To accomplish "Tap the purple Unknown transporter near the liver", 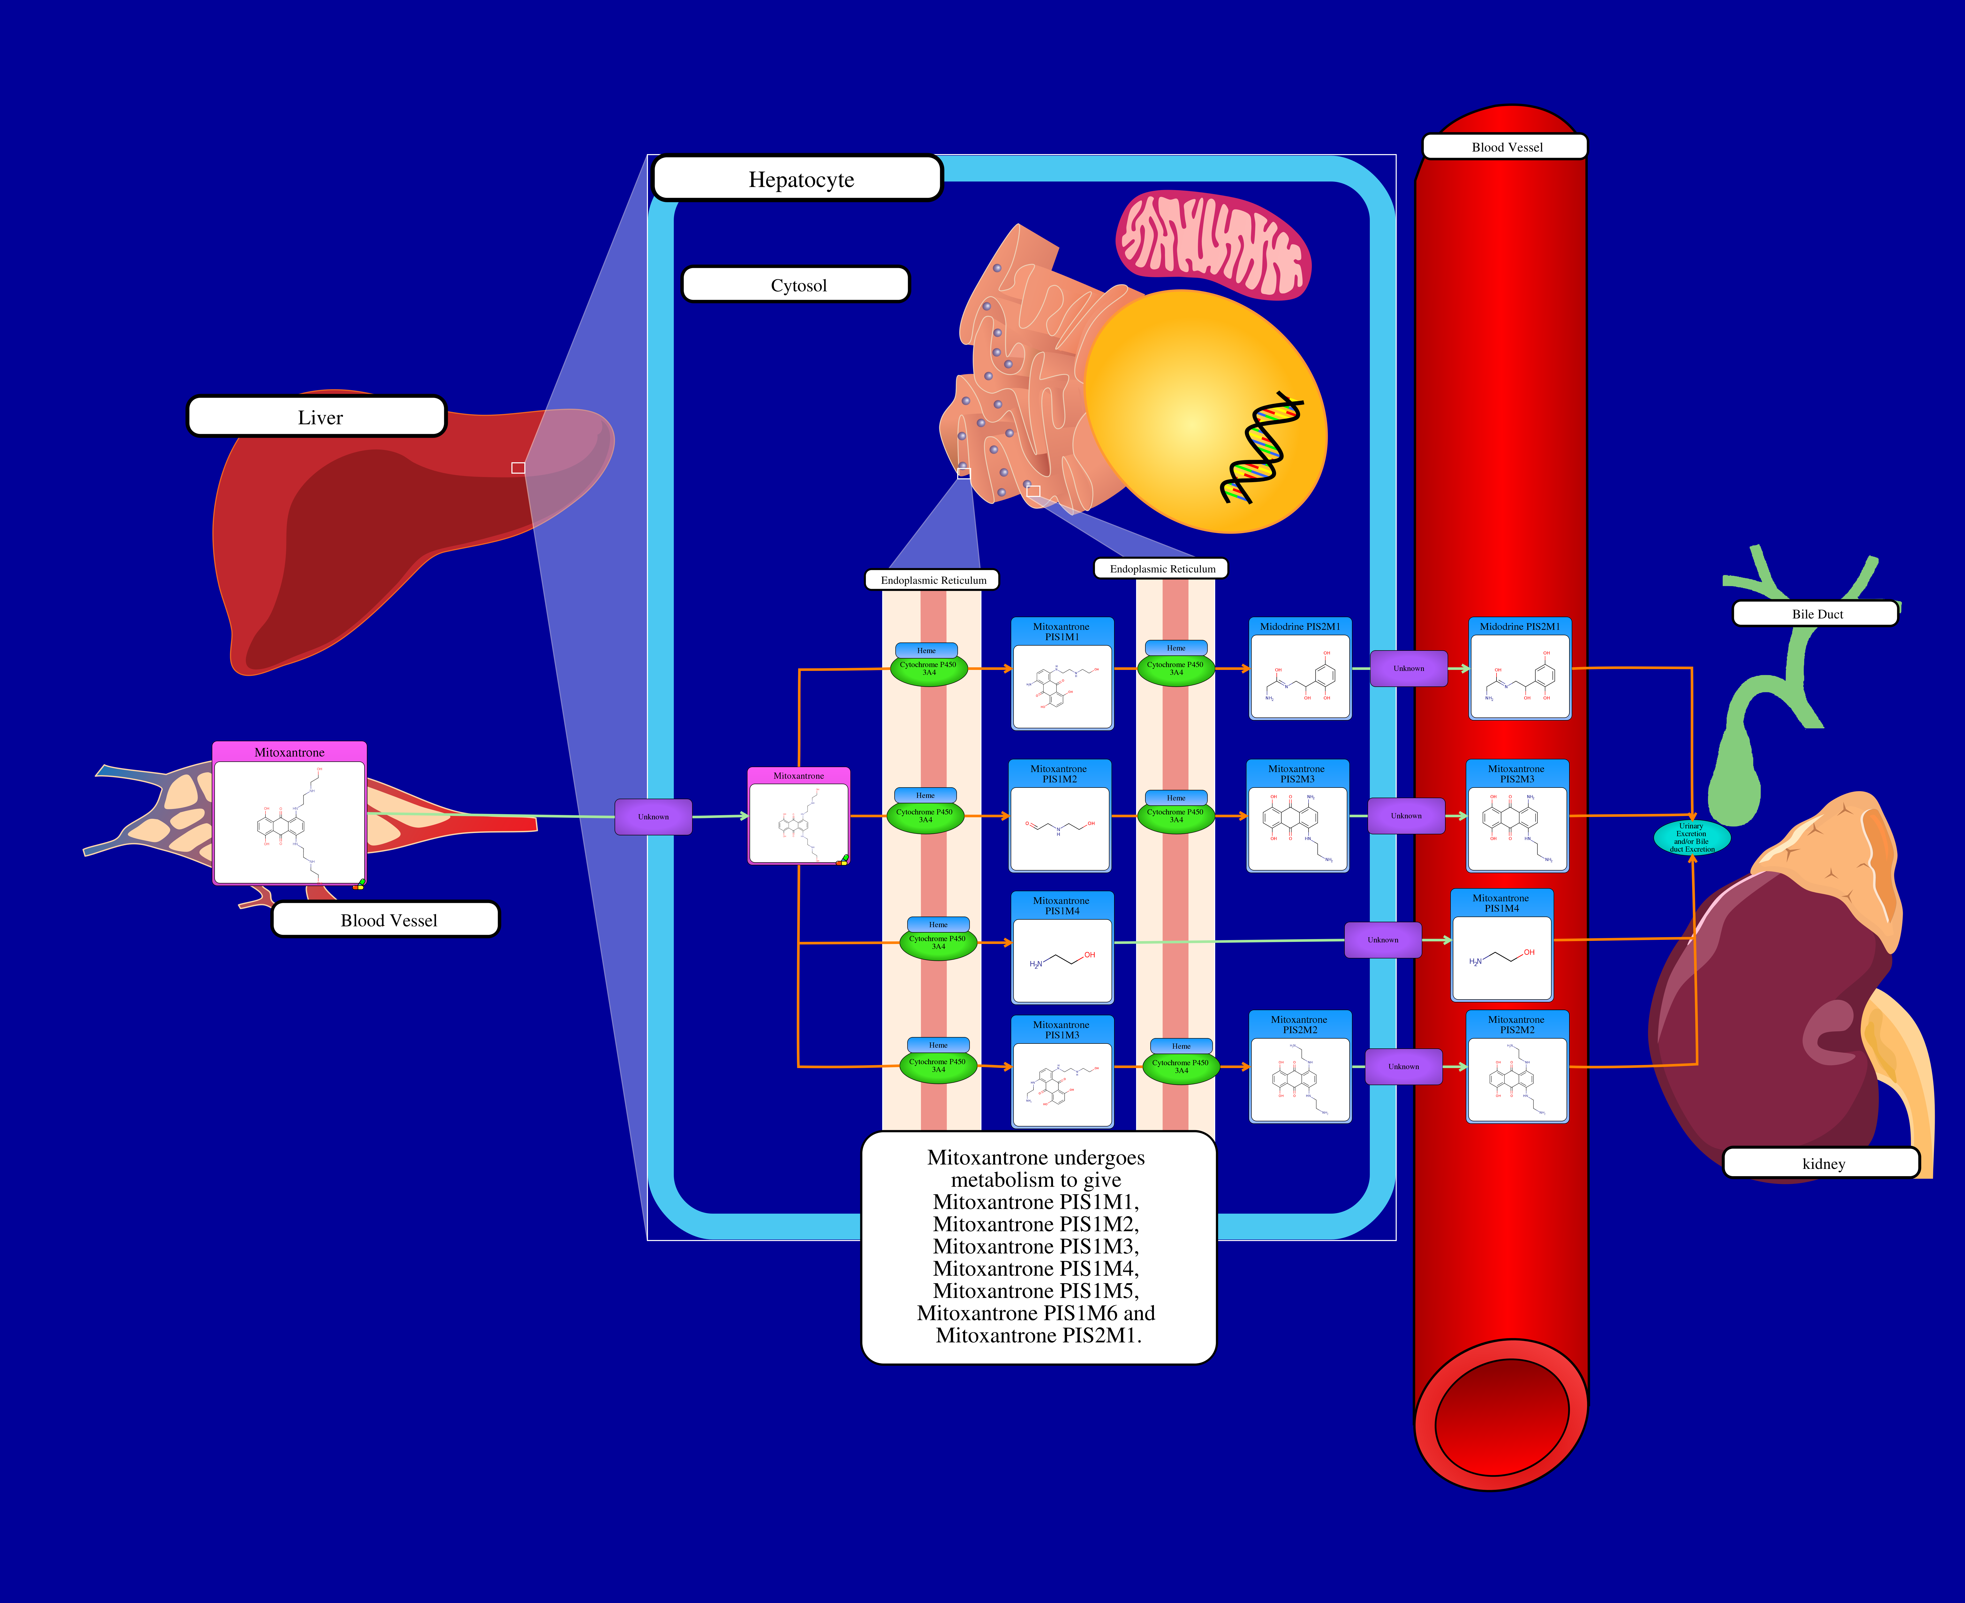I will [x=653, y=816].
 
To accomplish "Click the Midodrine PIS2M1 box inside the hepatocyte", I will [x=1299, y=669].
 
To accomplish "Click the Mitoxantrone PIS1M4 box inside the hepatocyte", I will [x=1062, y=948].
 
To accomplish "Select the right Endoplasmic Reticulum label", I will [x=1162, y=569].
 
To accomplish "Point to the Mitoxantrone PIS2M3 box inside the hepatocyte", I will [x=1297, y=816].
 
